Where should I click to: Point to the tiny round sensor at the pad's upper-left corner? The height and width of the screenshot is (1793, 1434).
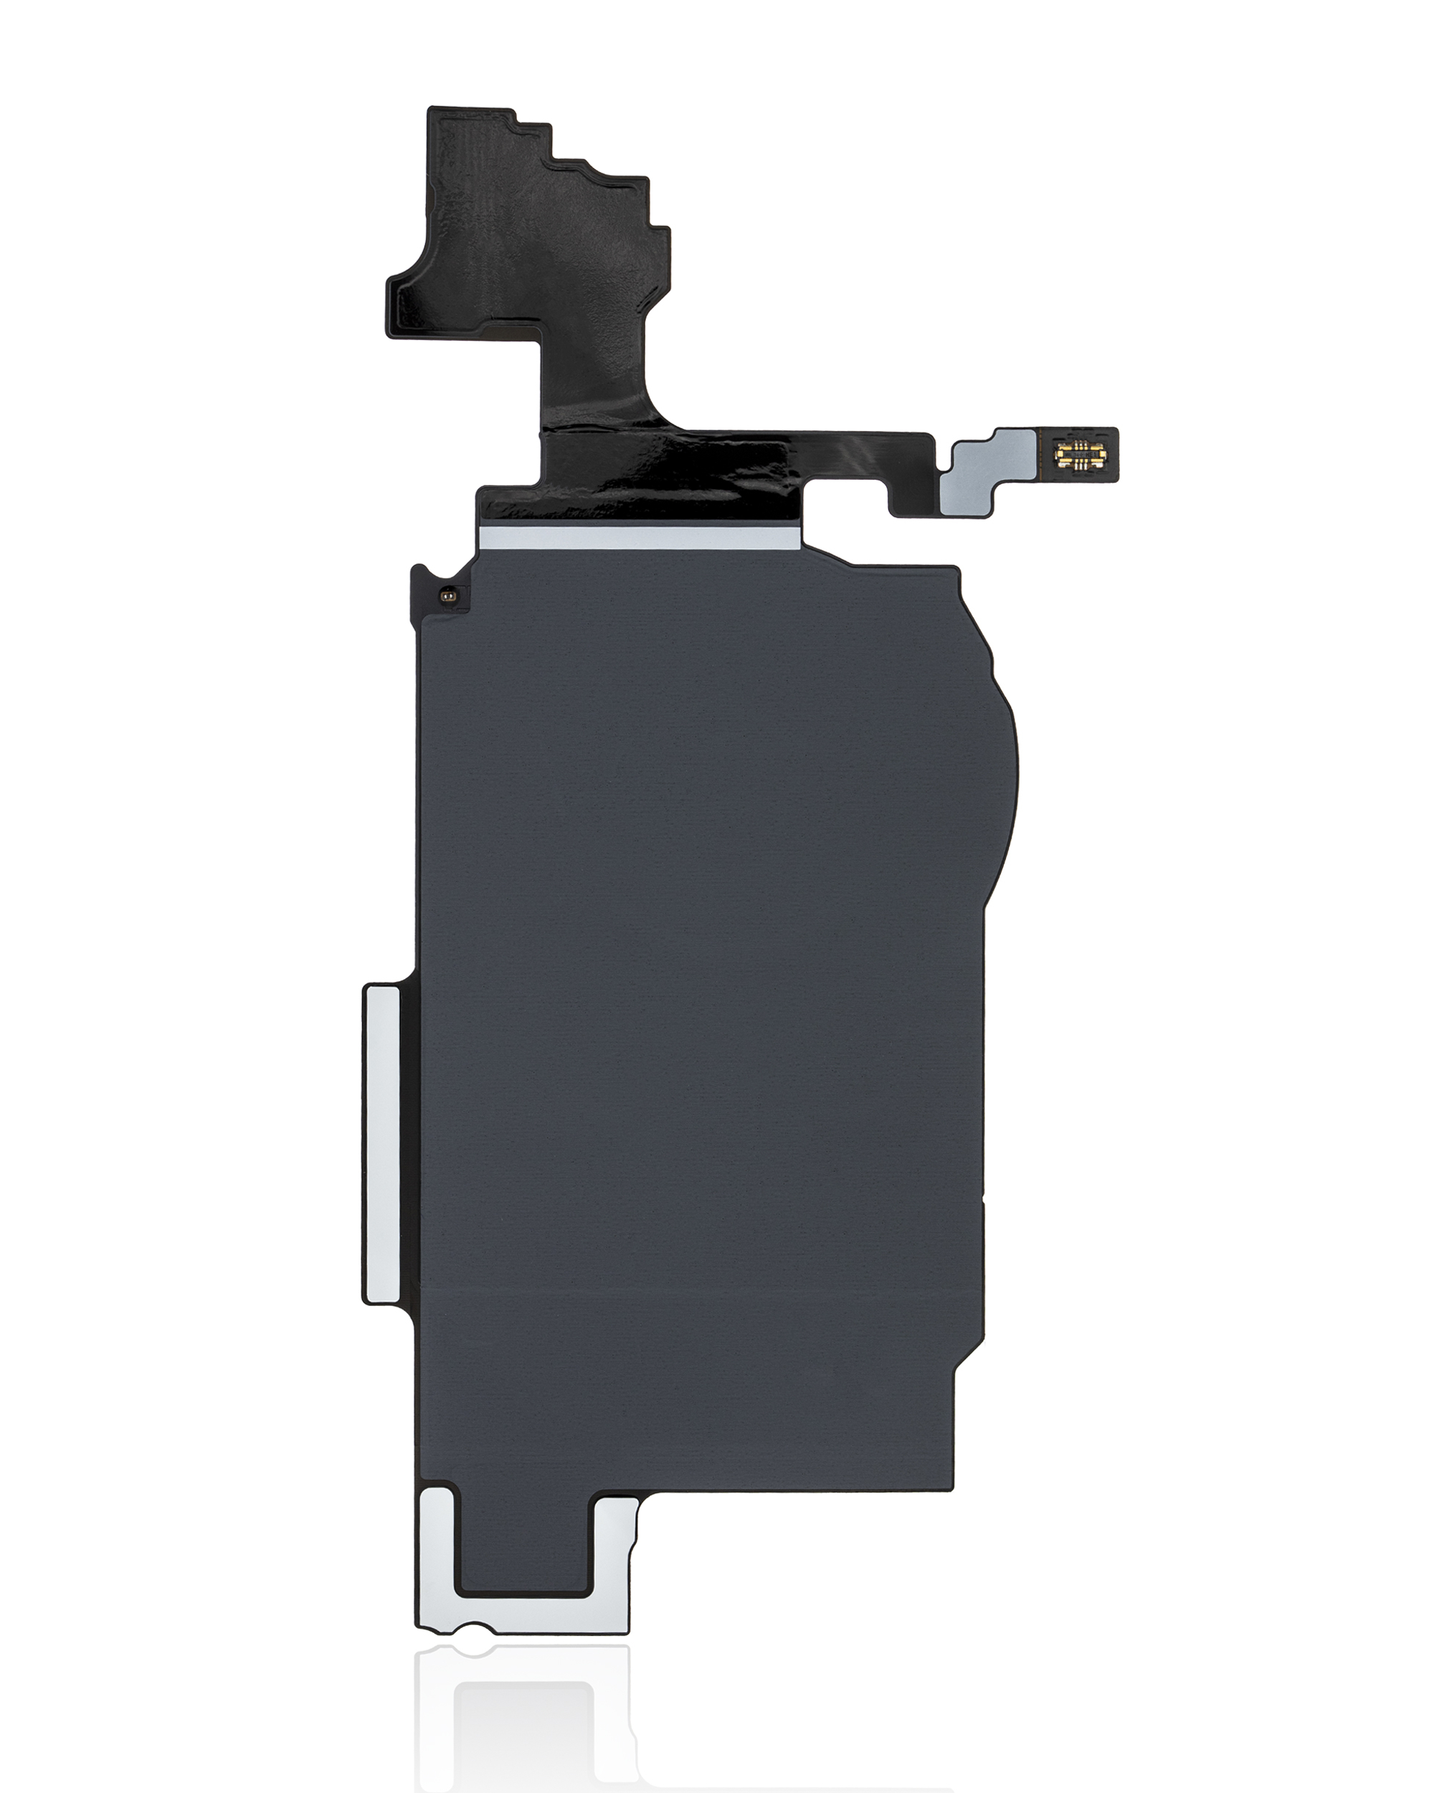point(447,595)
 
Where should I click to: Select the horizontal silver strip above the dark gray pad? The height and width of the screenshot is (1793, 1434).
point(640,538)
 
